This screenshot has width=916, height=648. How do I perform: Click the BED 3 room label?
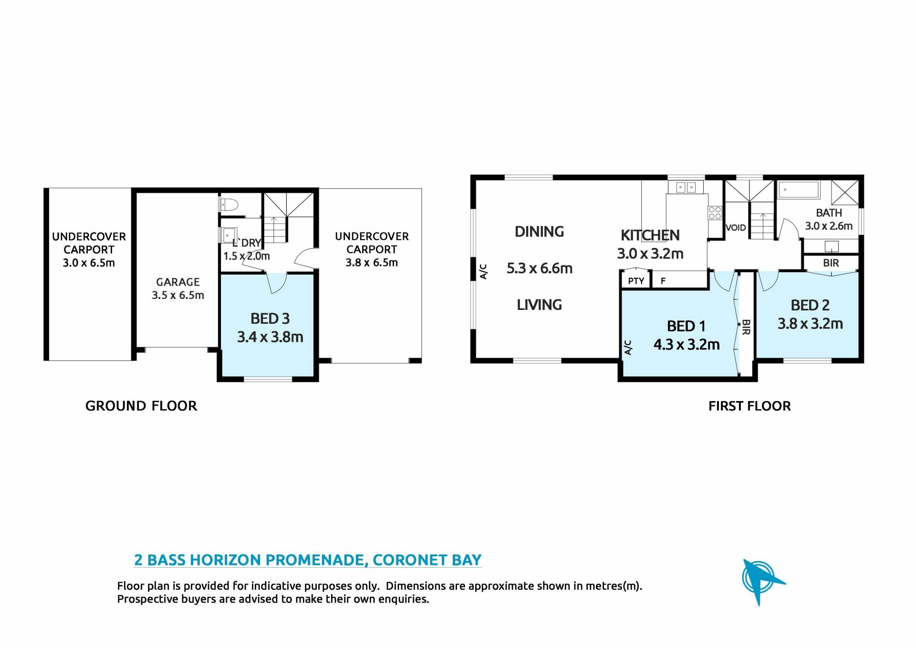coord(270,319)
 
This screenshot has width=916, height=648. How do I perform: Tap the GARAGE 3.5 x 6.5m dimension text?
coord(178,296)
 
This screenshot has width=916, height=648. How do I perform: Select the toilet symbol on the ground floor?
coord(229,205)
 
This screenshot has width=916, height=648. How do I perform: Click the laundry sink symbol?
coord(229,236)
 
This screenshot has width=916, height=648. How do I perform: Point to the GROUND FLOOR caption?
coord(141,406)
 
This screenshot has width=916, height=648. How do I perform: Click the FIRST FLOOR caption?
coord(749,406)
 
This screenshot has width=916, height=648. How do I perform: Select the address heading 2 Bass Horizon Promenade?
coord(308,560)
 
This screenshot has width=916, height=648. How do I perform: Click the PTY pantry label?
coord(636,281)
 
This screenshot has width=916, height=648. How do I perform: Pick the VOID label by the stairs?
coord(736,228)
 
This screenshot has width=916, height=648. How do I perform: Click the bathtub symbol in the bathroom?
coord(799,190)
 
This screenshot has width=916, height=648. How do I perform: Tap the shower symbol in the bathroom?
coord(845,193)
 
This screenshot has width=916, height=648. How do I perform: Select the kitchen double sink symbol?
coord(686,187)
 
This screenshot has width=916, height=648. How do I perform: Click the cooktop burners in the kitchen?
coord(715,213)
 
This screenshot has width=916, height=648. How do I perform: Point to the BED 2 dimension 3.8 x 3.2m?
coord(810,324)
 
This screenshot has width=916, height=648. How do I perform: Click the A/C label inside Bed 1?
coord(628,348)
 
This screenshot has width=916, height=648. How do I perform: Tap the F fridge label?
coord(663,281)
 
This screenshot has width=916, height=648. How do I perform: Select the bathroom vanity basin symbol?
coord(832,246)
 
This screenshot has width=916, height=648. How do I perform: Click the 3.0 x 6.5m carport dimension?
coord(89,263)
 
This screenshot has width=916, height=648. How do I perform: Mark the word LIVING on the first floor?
coord(540,305)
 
